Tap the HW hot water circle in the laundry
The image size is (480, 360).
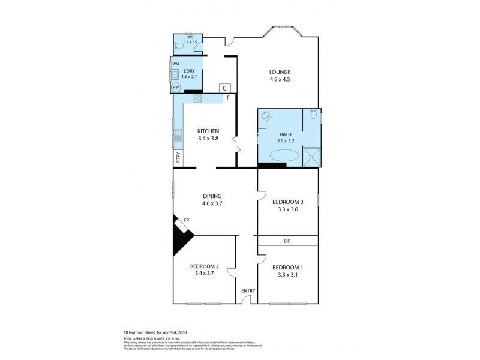pyautogui.click(x=176, y=88)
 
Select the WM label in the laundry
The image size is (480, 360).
pyautogui.click(x=176, y=64)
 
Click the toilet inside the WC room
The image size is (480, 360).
pyautogui.click(x=179, y=46)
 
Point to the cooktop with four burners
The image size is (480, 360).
pyautogui.click(x=196, y=98)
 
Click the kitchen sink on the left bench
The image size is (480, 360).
pyautogui.click(x=178, y=139)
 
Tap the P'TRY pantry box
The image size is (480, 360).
pyautogui.click(x=178, y=158)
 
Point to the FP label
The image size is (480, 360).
pyautogui.click(x=186, y=221)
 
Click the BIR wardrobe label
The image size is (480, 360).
pyautogui.click(x=287, y=241)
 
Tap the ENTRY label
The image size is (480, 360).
pyautogui.click(x=248, y=291)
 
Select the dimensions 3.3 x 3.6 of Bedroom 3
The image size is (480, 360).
pyautogui.click(x=287, y=209)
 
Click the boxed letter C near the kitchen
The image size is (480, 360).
pyautogui.click(x=225, y=88)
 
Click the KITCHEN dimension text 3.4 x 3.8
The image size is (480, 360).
pyautogui.click(x=208, y=139)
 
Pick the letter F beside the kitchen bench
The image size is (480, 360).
pyautogui.click(x=228, y=97)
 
